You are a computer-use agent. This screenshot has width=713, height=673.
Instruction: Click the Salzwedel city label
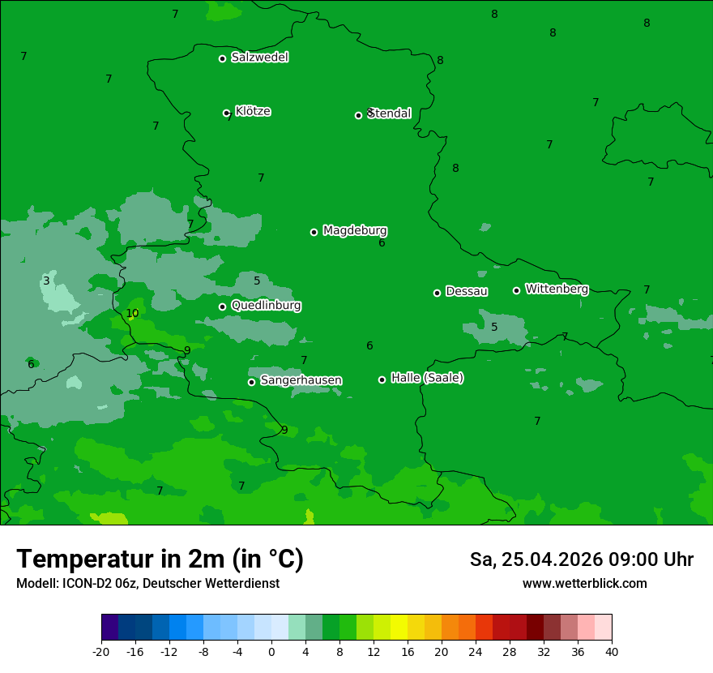(x=259, y=58)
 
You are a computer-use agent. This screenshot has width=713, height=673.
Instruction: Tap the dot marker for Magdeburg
(x=314, y=232)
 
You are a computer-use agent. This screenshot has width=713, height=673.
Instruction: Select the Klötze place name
(x=253, y=111)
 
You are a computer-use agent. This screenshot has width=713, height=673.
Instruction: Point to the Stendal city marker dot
(x=358, y=115)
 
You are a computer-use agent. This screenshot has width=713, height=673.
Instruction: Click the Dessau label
(x=467, y=291)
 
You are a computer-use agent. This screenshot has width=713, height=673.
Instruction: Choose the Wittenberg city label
(x=557, y=289)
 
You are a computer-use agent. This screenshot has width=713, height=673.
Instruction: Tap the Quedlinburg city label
(x=266, y=306)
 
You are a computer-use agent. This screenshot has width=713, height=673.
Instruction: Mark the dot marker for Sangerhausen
(x=251, y=382)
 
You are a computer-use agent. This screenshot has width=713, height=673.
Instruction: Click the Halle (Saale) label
(x=427, y=378)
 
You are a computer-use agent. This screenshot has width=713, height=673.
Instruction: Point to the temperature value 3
(x=46, y=281)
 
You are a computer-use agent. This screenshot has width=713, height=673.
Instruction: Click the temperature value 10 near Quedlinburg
(x=132, y=314)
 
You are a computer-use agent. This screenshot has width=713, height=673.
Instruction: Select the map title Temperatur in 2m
(x=160, y=559)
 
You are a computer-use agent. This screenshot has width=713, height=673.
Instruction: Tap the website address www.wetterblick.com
(x=584, y=584)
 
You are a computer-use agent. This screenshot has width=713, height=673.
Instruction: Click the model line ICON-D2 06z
(x=147, y=584)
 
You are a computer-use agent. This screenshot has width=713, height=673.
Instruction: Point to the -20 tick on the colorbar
(x=101, y=651)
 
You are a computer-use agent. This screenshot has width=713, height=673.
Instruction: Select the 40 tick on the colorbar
(x=612, y=651)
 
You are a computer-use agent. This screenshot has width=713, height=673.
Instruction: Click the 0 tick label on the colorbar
(x=271, y=651)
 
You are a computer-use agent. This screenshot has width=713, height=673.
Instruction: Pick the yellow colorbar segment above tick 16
(x=399, y=628)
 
